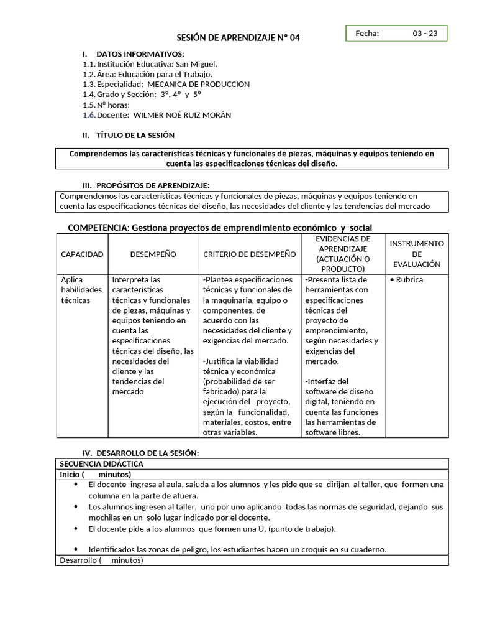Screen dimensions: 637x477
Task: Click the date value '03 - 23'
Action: (x=425, y=34)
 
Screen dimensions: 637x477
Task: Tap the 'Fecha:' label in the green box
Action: (x=367, y=34)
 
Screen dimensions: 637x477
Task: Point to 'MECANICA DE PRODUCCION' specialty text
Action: (x=198, y=84)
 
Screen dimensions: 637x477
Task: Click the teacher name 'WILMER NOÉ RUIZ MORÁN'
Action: (x=182, y=114)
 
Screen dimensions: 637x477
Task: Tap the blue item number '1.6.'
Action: (x=89, y=114)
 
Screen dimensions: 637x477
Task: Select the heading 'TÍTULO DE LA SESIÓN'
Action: (x=135, y=135)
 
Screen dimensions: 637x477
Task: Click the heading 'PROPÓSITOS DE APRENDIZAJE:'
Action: (x=153, y=185)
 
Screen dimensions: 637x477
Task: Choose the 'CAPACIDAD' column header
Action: (x=82, y=254)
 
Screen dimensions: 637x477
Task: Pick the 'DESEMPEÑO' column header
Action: (x=153, y=254)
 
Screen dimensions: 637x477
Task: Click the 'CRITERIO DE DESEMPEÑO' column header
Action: (x=250, y=254)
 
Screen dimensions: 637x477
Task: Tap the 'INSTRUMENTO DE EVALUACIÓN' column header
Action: (x=417, y=254)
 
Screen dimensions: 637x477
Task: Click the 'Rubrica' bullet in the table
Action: (x=409, y=280)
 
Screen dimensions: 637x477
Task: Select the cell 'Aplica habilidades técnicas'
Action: (x=81, y=290)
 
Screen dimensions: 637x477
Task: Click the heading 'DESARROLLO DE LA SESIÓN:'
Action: (x=147, y=453)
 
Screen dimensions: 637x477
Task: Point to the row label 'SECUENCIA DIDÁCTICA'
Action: (x=101, y=464)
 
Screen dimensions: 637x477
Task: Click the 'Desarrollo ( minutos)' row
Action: (x=101, y=560)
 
